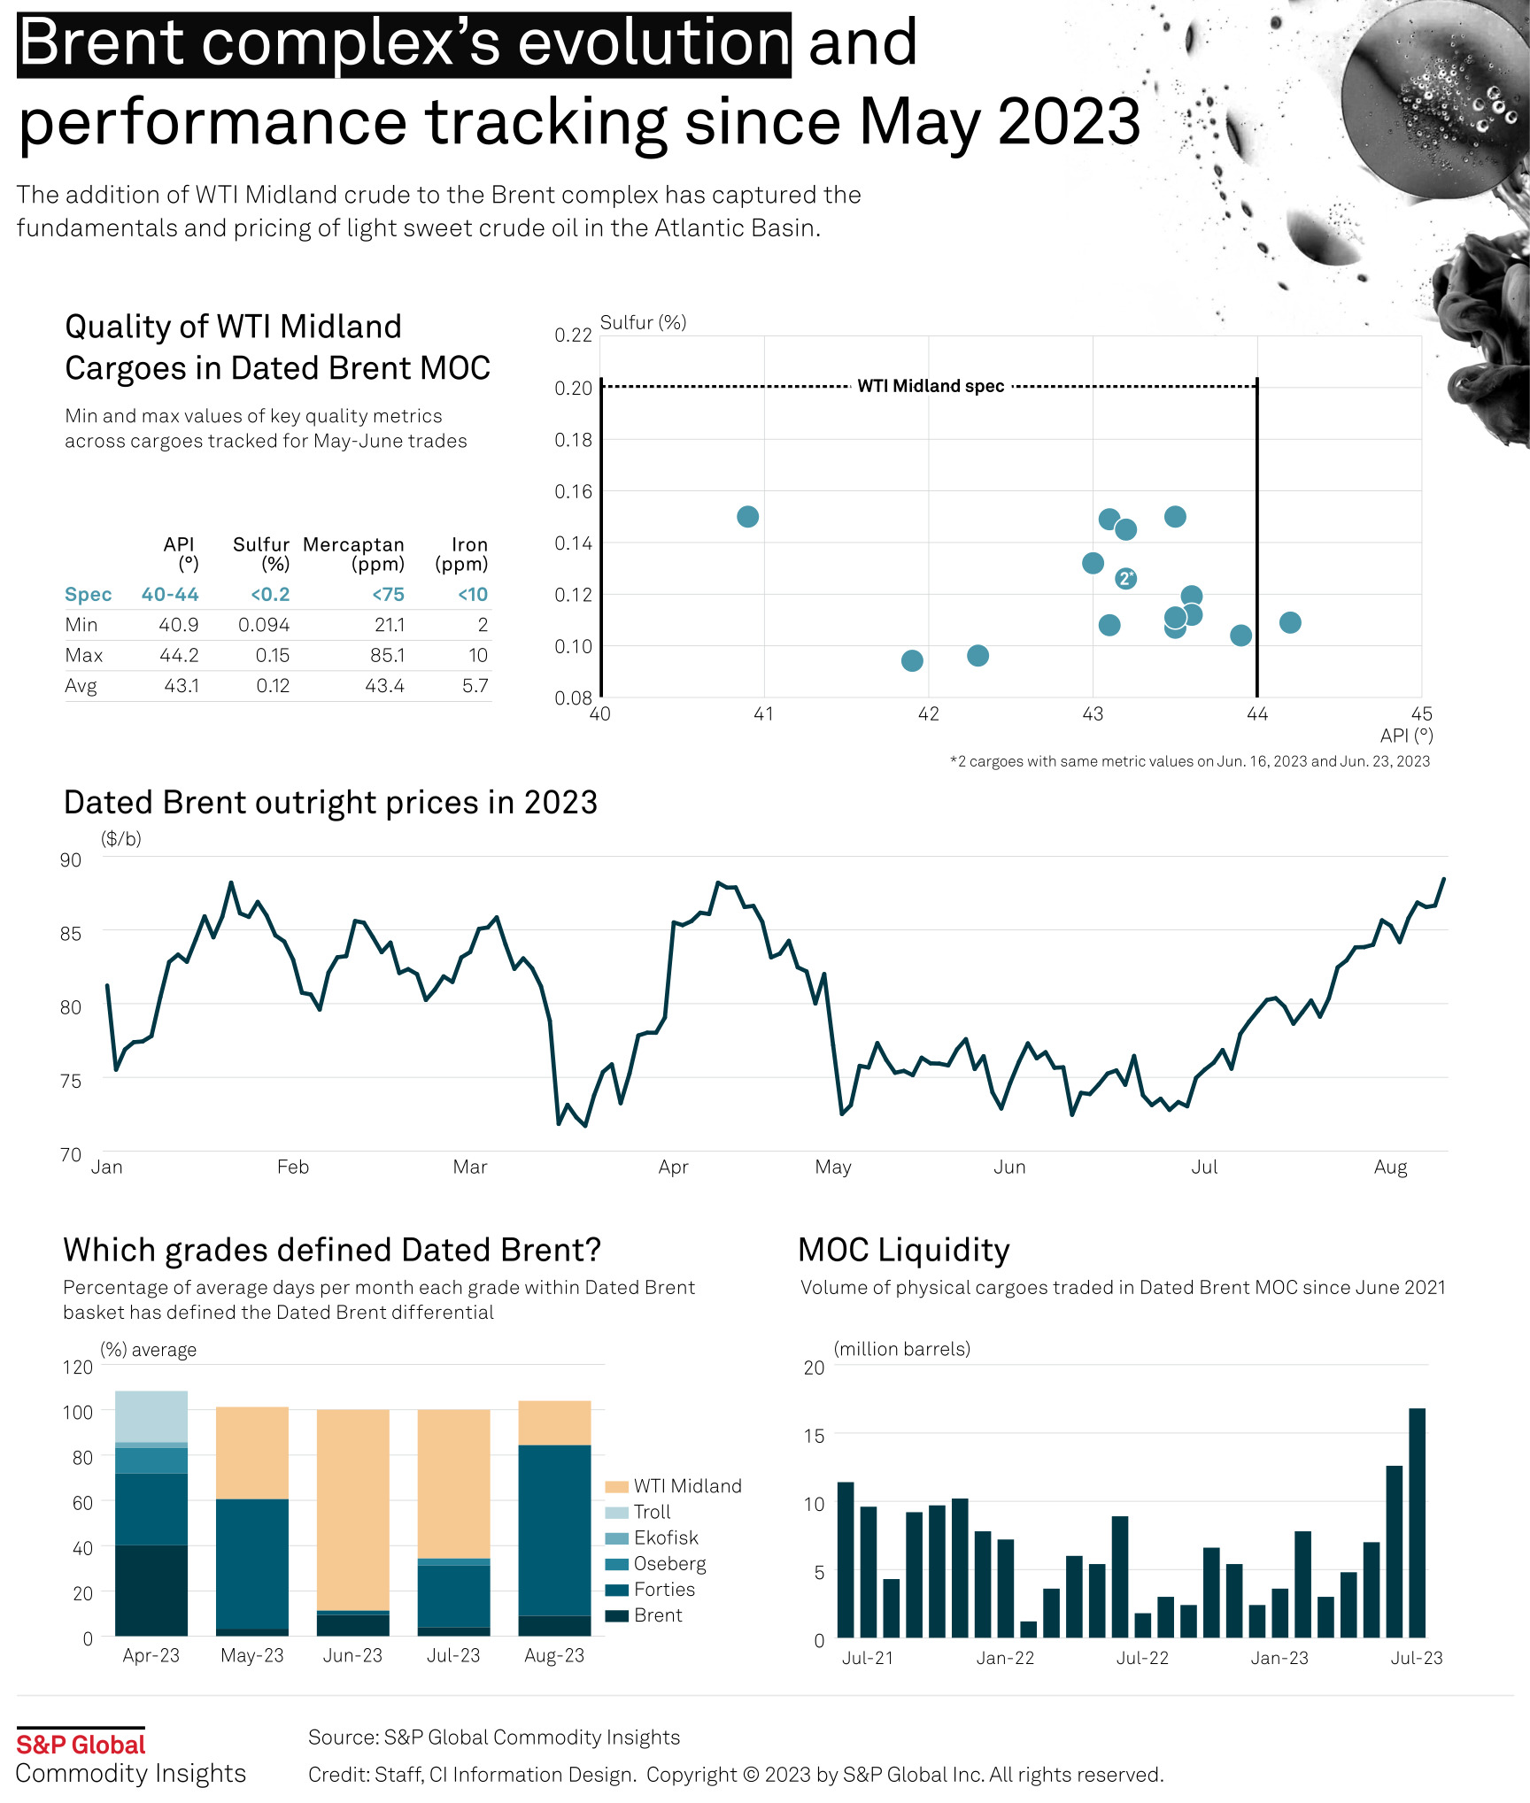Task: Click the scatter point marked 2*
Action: [1125, 579]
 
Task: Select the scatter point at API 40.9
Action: [747, 517]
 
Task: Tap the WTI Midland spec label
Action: [931, 386]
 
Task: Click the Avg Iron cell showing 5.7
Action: [475, 685]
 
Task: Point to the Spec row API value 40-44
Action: [170, 594]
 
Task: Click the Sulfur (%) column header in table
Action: [261, 554]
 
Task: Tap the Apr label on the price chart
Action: [673, 1167]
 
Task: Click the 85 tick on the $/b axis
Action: [71, 933]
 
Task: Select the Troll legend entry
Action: [652, 1512]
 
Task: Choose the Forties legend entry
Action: [664, 1589]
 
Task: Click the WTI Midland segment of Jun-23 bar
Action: [352, 1509]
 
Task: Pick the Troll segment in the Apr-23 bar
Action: [151, 1416]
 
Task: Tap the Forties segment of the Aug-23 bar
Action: [554, 1530]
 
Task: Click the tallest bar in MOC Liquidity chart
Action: [1417, 1522]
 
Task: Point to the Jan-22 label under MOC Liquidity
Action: [1005, 1658]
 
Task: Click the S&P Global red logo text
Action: [81, 1745]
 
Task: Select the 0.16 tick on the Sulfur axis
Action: [573, 491]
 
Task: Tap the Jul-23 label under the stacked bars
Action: [453, 1655]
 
